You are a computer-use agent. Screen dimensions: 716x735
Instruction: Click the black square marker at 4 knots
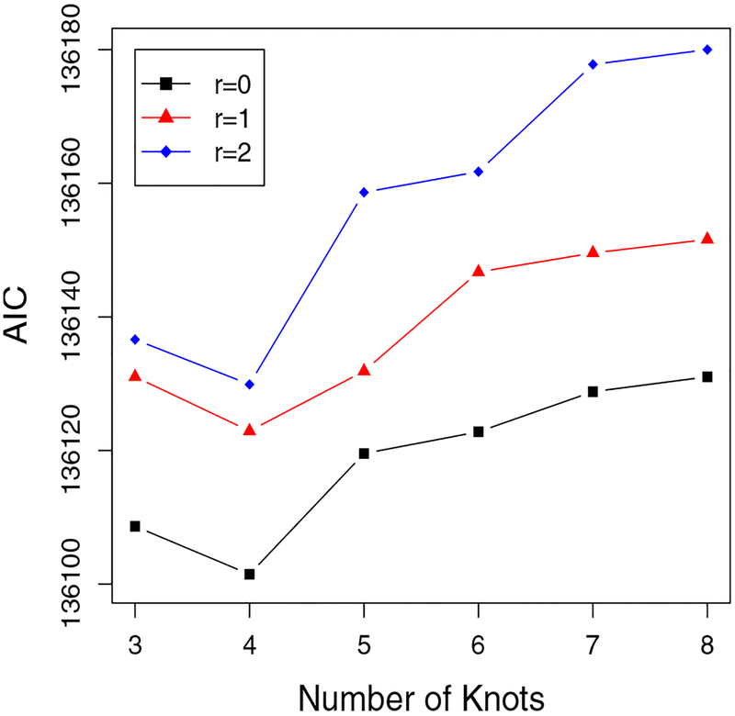tap(249, 574)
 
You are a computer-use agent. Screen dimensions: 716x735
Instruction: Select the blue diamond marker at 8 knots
tap(707, 50)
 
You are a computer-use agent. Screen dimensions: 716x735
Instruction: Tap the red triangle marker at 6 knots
tap(478, 271)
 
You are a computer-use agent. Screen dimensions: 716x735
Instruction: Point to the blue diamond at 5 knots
tap(364, 192)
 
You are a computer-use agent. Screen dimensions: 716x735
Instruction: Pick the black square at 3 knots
tap(135, 526)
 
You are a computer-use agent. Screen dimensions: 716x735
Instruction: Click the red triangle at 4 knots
tap(249, 429)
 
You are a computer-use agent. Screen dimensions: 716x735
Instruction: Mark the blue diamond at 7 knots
tap(593, 64)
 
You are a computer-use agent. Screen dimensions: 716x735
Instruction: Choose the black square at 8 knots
tap(707, 376)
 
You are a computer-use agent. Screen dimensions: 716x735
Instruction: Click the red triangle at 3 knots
tap(135, 375)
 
